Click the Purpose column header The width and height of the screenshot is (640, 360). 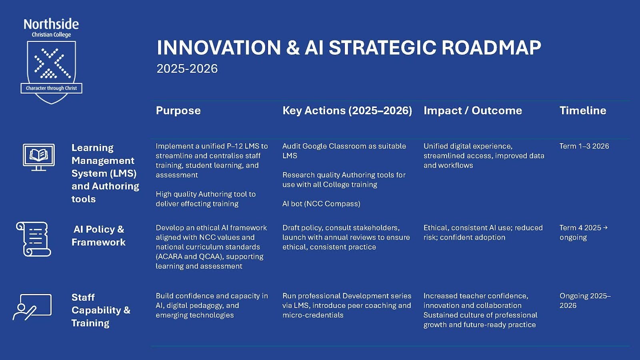coord(178,111)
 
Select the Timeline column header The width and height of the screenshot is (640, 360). coord(582,111)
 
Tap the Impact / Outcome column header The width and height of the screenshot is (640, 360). coord(472,111)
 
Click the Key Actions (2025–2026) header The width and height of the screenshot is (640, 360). coord(347,111)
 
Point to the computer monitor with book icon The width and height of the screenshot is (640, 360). coord(39,157)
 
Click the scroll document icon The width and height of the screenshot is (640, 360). coord(34,239)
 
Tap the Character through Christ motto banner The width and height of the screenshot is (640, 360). coord(51,88)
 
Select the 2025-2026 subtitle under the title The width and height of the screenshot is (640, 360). coord(187,69)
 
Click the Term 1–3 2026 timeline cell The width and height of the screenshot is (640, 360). coord(584,146)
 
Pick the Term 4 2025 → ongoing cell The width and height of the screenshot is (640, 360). coord(583,232)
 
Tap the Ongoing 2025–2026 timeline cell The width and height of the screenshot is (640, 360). coord(584,300)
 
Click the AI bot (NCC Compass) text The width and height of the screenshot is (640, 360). coord(321,204)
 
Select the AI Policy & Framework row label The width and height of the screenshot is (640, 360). coord(98,236)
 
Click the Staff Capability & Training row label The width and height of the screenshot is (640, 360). coord(100,310)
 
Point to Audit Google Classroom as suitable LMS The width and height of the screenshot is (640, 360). coord(344,151)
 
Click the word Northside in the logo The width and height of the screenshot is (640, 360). coord(51,24)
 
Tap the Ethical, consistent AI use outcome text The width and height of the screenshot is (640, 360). coord(483,232)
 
